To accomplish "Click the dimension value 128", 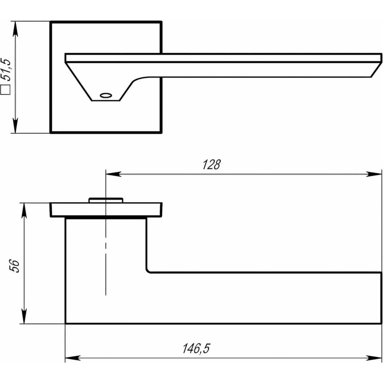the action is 211,165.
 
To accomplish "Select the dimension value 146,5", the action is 196,348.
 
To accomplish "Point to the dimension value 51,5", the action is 6,70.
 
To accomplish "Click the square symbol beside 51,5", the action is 5,90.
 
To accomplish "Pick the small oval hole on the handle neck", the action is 106,95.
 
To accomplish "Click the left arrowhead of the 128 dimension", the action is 113,174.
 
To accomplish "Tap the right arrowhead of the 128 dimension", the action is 374,174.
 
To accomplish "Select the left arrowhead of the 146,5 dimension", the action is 73,358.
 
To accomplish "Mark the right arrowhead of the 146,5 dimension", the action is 374,358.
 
